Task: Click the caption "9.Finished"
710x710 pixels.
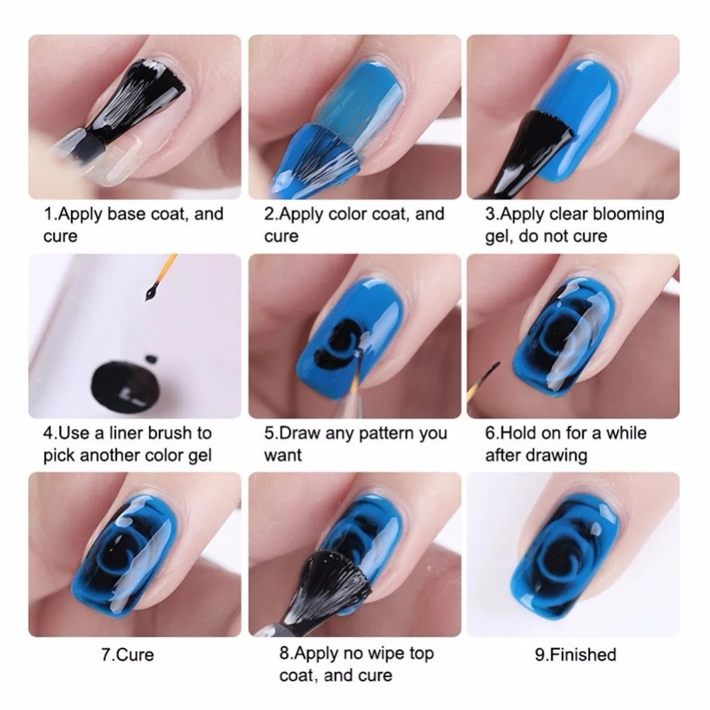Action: (x=575, y=653)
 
